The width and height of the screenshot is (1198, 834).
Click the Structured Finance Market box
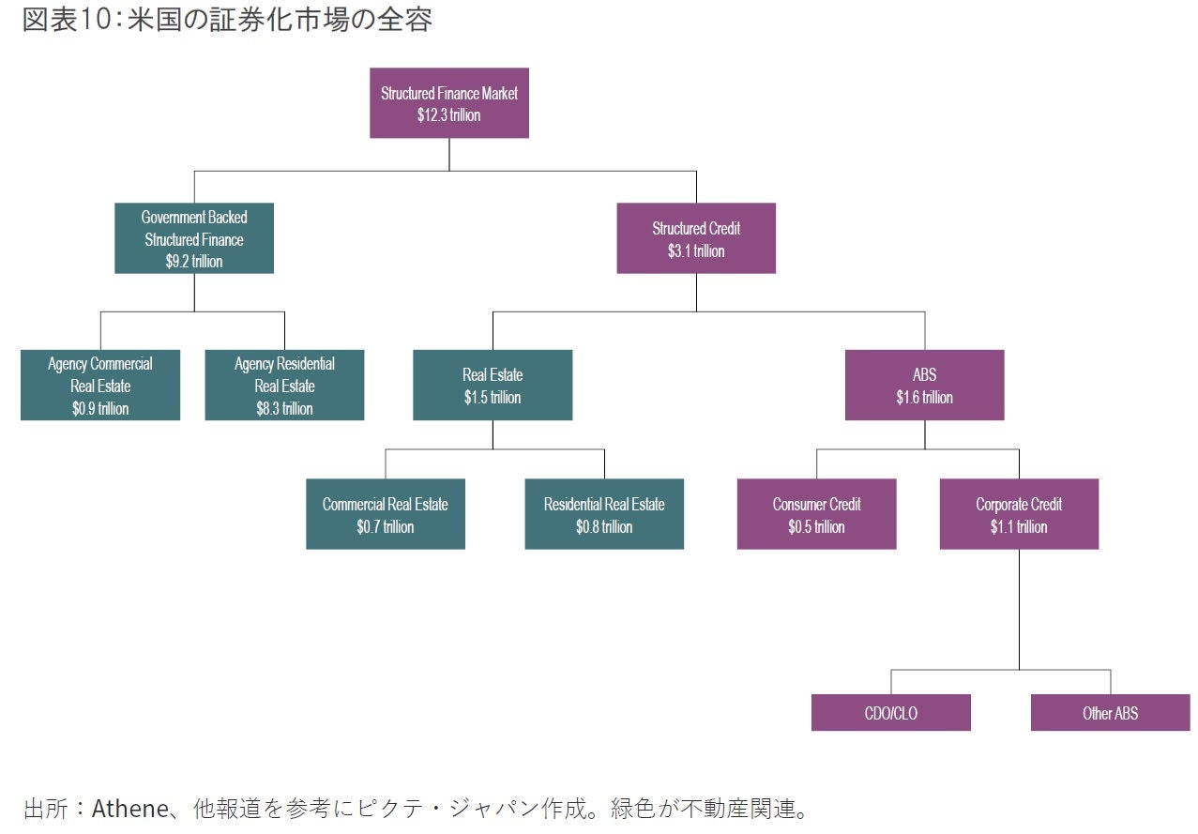pos(448,103)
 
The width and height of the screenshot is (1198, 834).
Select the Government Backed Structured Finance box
pos(194,238)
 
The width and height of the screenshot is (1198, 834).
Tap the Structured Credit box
pos(696,238)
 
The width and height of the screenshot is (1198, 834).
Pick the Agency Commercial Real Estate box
pos(100,385)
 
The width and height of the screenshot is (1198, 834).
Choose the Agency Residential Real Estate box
pos(284,385)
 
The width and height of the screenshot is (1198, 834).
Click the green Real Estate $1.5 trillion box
pos(493,385)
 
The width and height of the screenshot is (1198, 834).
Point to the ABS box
pos(924,385)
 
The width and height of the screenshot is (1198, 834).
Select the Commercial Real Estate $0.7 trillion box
pos(386,514)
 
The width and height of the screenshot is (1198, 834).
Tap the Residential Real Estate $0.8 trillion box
pos(604,514)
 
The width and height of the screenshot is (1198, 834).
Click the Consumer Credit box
pos(816,514)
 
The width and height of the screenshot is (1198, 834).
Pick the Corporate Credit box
pos(1019,514)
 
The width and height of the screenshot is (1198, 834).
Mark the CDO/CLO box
pos(890,713)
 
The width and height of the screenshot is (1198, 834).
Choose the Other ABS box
pos(1110,713)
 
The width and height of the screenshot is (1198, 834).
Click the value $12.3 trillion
pos(448,115)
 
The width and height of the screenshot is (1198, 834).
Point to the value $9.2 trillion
pos(194,262)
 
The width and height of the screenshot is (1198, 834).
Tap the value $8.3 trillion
pos(284,409)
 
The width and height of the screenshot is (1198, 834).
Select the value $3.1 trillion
pos(696,251)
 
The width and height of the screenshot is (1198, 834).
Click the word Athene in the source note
pos(127,809)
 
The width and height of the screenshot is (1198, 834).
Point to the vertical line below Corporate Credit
pos(1019,610)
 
